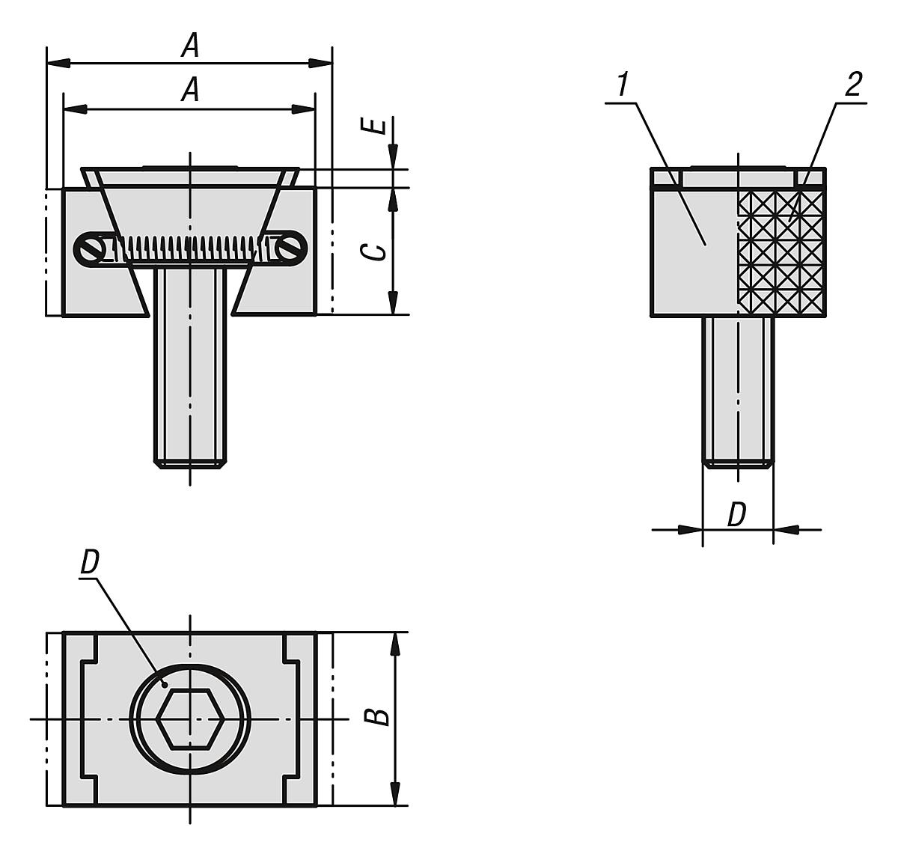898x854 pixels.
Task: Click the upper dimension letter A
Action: click(x=192, y=47)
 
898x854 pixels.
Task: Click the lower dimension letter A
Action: click(x=192, y=91)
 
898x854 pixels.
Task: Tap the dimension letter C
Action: click(x=379, y=251)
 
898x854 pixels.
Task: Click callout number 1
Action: click(x=620, y=85)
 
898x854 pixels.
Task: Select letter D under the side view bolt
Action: click(x=737, y=515)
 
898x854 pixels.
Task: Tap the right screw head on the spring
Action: click(x=290, y=248)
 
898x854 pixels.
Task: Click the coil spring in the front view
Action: click(x=191, y=248)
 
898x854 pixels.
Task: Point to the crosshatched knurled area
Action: click(x=782, y=251)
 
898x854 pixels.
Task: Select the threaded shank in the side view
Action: click(x=738, y=389)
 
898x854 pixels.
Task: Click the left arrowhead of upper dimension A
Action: click(x=58, y=62)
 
